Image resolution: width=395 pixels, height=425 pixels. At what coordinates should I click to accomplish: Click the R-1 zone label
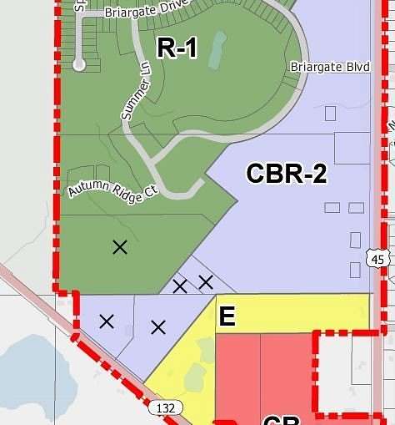click(x=177, y=48)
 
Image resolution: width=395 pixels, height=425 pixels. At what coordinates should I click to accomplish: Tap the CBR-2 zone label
click(x=286, y=174)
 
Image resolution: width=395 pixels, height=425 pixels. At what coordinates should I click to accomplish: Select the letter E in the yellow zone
click(x=227, y=316)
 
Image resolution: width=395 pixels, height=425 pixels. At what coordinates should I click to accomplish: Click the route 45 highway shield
click(x=378, y=259)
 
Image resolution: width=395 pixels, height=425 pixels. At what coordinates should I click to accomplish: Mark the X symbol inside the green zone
click(x=120, y=246)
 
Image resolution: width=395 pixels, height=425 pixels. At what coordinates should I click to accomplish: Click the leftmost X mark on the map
click(x=107, y=321)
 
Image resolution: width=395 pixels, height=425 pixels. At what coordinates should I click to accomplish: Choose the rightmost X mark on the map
click(x=205, y=282)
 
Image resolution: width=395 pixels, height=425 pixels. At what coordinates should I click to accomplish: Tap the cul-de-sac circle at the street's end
click(x=79, y=63)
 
